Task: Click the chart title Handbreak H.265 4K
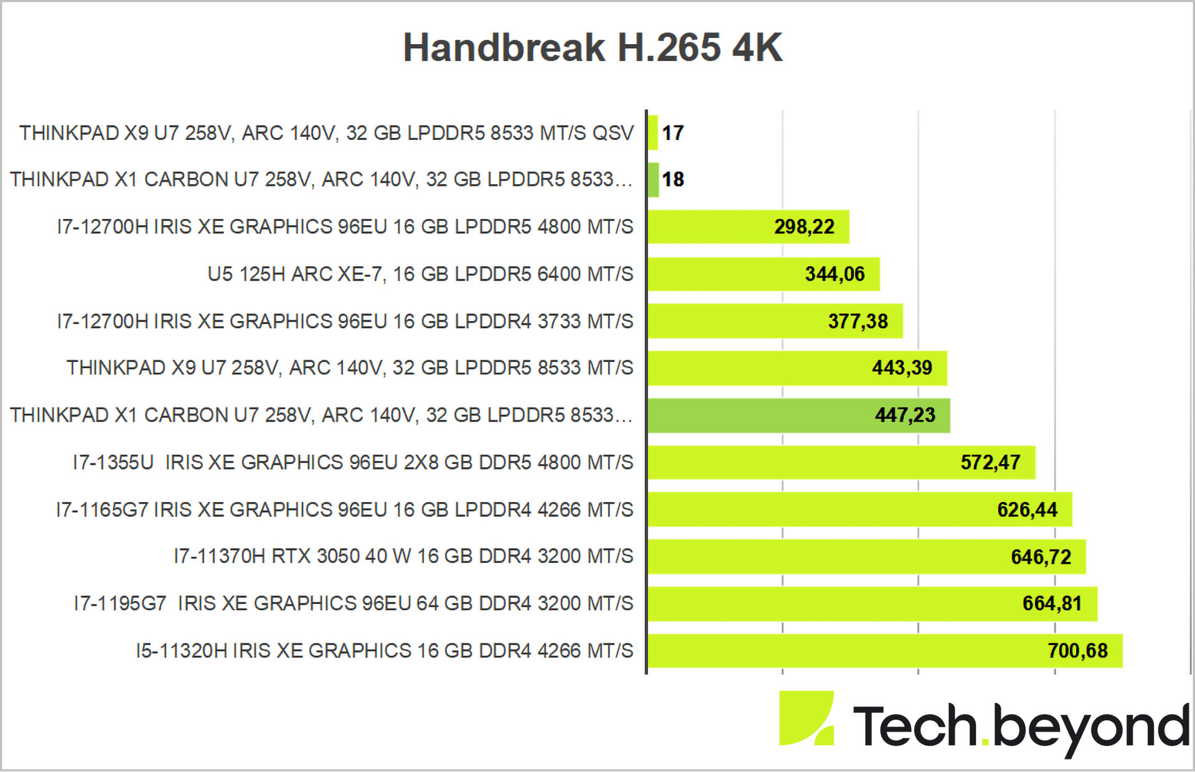click(593, 47)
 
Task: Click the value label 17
click(673, 133)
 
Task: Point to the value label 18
click(673, 179)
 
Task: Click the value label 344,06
click(835, 274)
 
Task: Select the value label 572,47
click(990, 462)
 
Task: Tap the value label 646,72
click(1041, 557)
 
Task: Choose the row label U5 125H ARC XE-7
click(420, 274)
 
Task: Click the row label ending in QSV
click(326, 133)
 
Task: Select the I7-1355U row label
click(353, 462)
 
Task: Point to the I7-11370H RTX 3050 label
click(403, 556)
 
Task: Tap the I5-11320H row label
click(384, 651)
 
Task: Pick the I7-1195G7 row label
click(353, 603)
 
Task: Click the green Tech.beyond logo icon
click(806, 717)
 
